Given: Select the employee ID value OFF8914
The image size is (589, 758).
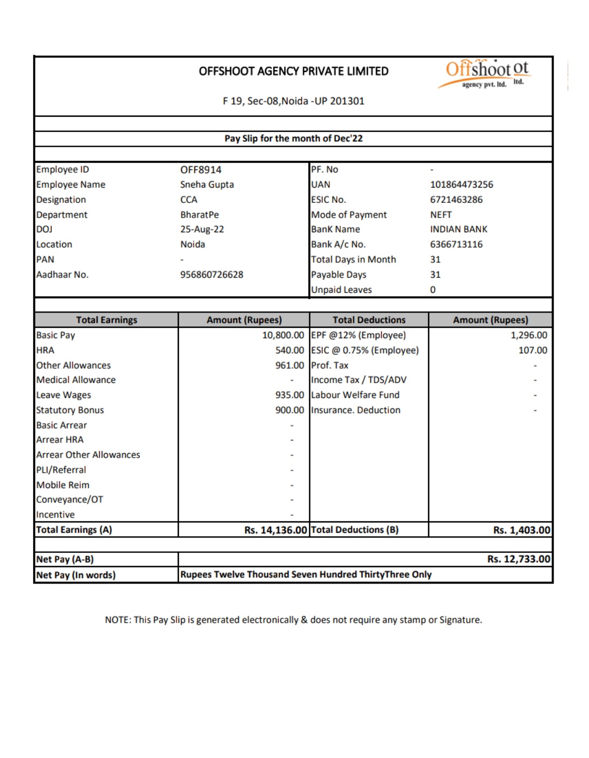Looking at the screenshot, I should pyautogui.click(x=201, y=170).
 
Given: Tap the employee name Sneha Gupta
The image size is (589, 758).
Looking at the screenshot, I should pyautogui.click(x=207, y=184).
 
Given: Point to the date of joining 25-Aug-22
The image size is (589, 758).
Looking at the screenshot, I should pyautogui.click(x=202, y=229).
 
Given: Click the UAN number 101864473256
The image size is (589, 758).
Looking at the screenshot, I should pyautogui.click(x=461, y=184).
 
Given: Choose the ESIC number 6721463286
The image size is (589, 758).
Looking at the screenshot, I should pyautogui.click(x=456, y=200).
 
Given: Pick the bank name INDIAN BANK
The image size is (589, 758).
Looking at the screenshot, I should pyautogui.click(x=459, y=229).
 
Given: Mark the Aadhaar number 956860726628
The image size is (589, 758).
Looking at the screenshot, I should pyautogui.click(x=212, y=274).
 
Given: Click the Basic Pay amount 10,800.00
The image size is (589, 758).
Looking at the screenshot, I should pyautogui.click(x=283, y=335).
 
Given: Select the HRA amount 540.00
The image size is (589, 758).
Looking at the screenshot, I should pyautogui.click(x=289, y=350).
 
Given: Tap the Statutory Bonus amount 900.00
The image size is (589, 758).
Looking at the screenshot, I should pyautogui.click(x=289, y=410).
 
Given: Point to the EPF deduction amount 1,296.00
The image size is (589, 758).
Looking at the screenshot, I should pyautogui.click(x=528, y=335).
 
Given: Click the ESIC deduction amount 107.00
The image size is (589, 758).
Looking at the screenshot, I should pyautogui.click(x=532, y=350).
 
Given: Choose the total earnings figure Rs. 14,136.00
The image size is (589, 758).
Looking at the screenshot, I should pyautogui.click(x=275, y=530).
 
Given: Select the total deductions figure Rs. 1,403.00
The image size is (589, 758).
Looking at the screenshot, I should pyautogui.click(x=521, y=530).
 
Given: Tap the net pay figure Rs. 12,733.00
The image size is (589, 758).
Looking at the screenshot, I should pyautogui.click(x=519, y=559).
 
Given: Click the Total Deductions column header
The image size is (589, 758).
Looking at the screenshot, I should pyautogui.click(x=369, y=320).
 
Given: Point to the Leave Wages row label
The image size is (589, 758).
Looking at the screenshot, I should pyautogui.click(x=64, y=395).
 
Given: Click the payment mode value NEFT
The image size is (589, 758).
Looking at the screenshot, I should pyautogui.click(x=441, y=214).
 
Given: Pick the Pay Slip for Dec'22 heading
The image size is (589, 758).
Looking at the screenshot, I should pyautogui.click(x=293, y=139).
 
